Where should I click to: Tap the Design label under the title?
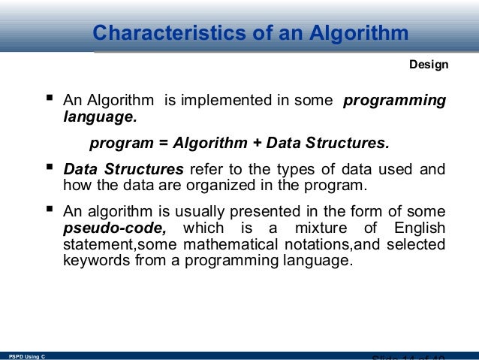coord(429,65)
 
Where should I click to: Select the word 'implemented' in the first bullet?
coord(204,101)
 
